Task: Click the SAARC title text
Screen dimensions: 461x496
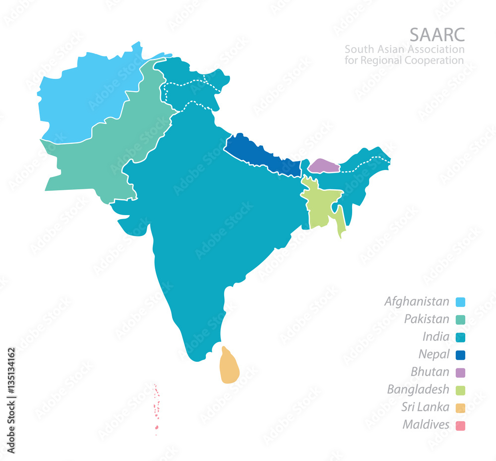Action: click(x=436, y=35)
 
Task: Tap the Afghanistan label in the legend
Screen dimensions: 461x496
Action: click(x=417, y=301)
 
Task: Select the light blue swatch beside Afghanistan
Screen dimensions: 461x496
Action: click(x=460, y=302)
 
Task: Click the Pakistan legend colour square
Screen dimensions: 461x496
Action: click(x=460, y=320)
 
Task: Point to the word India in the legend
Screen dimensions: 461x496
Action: click(x=436, y=337)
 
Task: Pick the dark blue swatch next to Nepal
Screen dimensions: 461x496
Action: click(x=460, y=355)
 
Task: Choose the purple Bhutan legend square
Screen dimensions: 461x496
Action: click(x=460, y=372)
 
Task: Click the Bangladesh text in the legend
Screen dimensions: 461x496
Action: click(x=418, y=390)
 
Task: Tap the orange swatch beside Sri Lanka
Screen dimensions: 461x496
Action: click(x=460, y=408)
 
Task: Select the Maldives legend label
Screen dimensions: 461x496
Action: click(x=426, y=425)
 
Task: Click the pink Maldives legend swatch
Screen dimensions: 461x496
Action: click(x=460, y=425)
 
